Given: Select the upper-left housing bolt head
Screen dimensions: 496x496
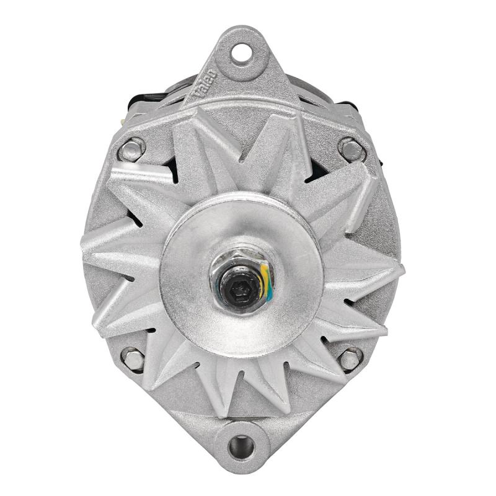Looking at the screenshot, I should (131, 149).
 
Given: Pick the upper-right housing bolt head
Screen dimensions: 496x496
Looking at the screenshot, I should (351, 149).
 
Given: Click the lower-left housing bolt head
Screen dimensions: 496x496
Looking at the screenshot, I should (133, 358).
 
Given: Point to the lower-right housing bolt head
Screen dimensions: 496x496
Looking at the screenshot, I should (350, 358).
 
